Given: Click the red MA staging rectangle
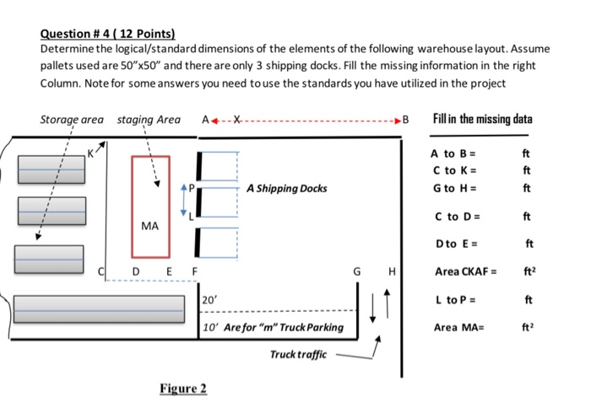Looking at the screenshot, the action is pyautogui.click(x=132, y=207).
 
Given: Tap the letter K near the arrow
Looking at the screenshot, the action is pyautogui.click(x=90, y=153).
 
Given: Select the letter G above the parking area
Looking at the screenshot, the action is pyautogui.click(x=356, y=271).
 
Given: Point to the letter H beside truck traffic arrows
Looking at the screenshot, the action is pyautogui.click(x=392, y=271).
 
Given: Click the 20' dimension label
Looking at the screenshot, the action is pyautogui.click(x=209, y=300).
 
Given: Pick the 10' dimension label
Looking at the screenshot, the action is pyautogui.click(x=210, y=327).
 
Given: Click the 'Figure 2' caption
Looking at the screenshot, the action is pyautogui.click(x=183, y=388).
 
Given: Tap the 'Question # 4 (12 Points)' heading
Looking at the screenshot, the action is pyautogui.click(x=108, y=34).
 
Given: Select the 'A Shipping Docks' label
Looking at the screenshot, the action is pyautogui.click(x=287, y=188).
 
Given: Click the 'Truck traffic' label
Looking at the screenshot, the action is pyautogui.click(x=298, y=355).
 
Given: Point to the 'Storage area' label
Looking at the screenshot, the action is pyautogui.click(x=72, y=120).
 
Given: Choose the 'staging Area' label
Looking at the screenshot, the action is pyautogui.click(x=149, y=120).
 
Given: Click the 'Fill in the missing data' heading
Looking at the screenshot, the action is pyautogui.click(x=482, y=119).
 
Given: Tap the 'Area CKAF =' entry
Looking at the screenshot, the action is pyautogui.click(x=465, y=271).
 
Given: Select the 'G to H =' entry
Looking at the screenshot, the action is pyautogui.click(x=454, y=188).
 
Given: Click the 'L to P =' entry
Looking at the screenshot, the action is pyautogui.click(x=455, y=300).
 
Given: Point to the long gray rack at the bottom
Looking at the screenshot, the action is pyautogui.click(x=99, y=309).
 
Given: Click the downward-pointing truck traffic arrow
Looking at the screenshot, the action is pyautogui.click(x=372, y=309).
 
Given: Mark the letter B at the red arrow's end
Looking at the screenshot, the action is pyautogui.click(x=405, y=120).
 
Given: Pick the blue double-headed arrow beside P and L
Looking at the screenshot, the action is pyautogui.click(x=183, y=200).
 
